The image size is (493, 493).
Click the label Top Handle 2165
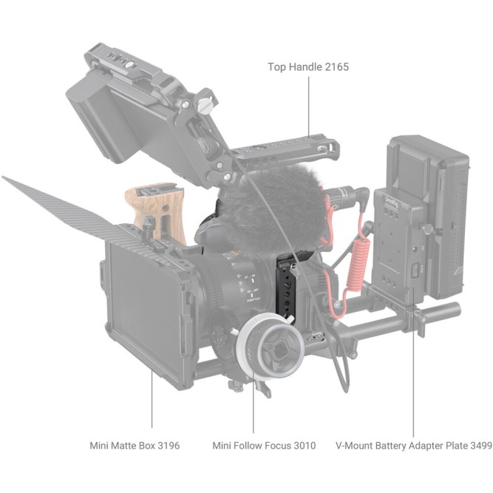307,67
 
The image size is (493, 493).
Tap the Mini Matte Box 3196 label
134,446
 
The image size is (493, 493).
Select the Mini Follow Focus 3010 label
263,446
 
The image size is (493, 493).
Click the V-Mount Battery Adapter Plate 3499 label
413,446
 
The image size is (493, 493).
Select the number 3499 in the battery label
476,446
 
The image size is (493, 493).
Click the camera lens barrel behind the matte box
222,285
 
